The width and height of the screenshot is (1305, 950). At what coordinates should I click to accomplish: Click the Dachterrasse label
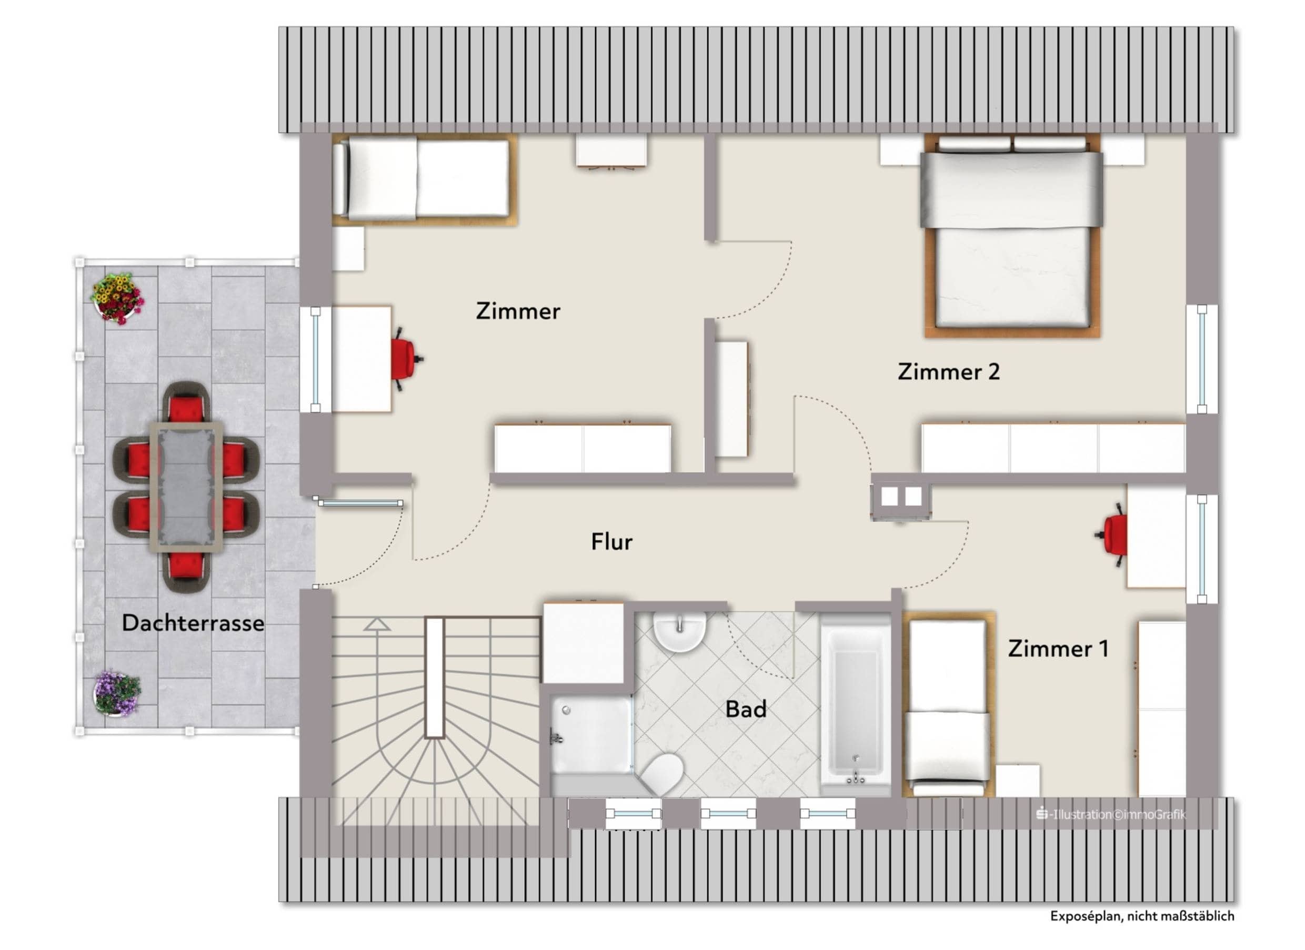coord(193,623)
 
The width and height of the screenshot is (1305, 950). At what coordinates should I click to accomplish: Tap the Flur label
coord(611,542)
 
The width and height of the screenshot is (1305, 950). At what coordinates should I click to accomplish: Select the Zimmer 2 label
coord(949,372)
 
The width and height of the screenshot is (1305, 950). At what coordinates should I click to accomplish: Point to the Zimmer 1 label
coord(1058,649)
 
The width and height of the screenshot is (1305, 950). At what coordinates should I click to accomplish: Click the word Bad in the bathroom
coord(746,710)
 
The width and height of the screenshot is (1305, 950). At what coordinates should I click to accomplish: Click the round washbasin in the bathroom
coord(679,631)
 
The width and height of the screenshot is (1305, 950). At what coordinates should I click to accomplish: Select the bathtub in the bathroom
coord(855,704)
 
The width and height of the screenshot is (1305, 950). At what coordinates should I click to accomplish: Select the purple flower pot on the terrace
coord(117,692)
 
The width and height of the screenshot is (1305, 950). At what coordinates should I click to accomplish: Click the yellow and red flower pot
coord(117,298)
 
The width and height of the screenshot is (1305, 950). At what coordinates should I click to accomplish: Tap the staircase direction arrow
coord(377,624)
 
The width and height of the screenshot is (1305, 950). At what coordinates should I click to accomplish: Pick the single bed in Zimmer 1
coord(948,705)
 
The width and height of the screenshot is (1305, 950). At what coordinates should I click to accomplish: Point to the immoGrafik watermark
coord(1111,814)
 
